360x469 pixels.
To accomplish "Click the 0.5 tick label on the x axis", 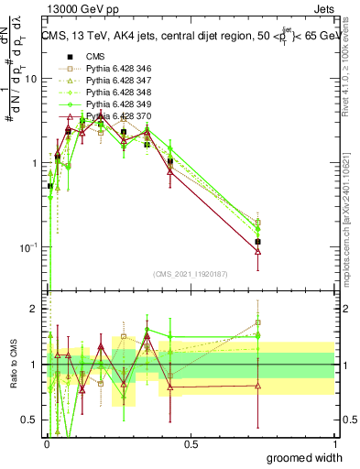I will pyautogui.click(x=191, y=444).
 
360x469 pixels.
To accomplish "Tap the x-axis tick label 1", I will pyautogui.click(x=333, y=444).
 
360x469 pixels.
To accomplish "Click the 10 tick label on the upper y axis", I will pyautogui.click(x=29, y=79).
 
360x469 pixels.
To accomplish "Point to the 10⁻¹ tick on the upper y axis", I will pyautogui.click(x=27, y=247).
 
